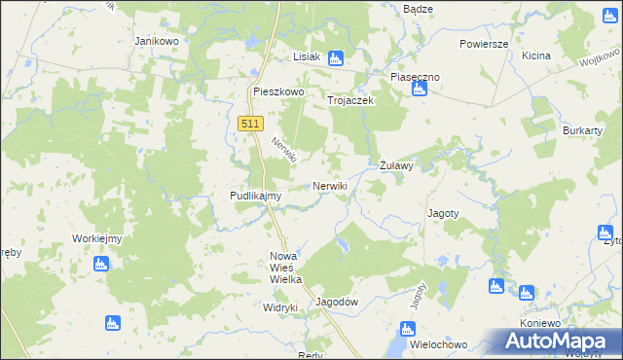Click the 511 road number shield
249,123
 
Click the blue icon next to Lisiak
336,57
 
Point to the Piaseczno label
416,76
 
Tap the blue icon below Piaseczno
419,90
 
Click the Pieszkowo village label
278,92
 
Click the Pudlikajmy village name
255,196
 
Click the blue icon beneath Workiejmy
100,263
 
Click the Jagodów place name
338,302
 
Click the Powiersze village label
484,45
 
